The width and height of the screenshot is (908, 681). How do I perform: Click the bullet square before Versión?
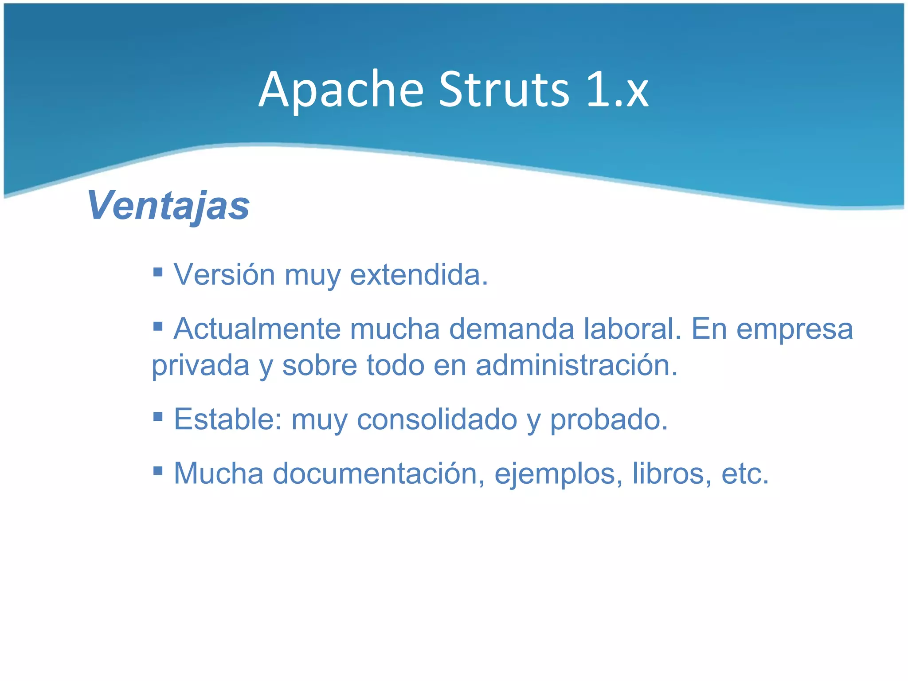158,271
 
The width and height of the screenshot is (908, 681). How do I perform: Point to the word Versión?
224,274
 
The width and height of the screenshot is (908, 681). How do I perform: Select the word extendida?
419,274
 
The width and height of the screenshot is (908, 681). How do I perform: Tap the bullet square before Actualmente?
158,327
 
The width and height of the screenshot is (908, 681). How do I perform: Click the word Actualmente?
257,329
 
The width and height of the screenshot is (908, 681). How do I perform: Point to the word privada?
200,366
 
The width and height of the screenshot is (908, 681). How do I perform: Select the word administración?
576,365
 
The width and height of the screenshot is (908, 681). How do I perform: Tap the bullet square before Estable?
158,416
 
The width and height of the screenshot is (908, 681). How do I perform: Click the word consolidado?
437,419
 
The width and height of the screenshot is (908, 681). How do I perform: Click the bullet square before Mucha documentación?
158,470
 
